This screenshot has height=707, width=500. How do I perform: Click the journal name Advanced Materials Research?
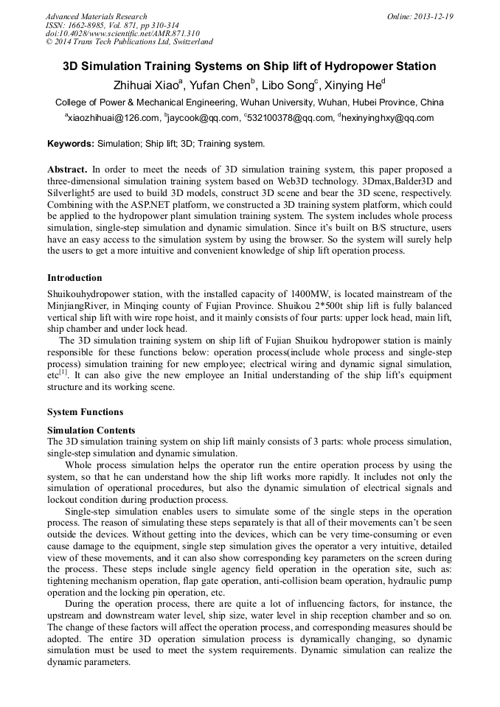point(96,16)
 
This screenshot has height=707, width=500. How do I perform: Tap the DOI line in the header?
point(122,33)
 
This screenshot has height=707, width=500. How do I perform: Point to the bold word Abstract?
point(67,170)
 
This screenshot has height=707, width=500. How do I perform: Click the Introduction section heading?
point(74,278)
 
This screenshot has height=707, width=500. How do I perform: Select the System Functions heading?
point(85,412)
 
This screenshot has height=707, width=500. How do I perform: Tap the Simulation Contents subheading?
point(91,430)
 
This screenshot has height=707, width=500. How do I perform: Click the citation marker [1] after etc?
point(64,372)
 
